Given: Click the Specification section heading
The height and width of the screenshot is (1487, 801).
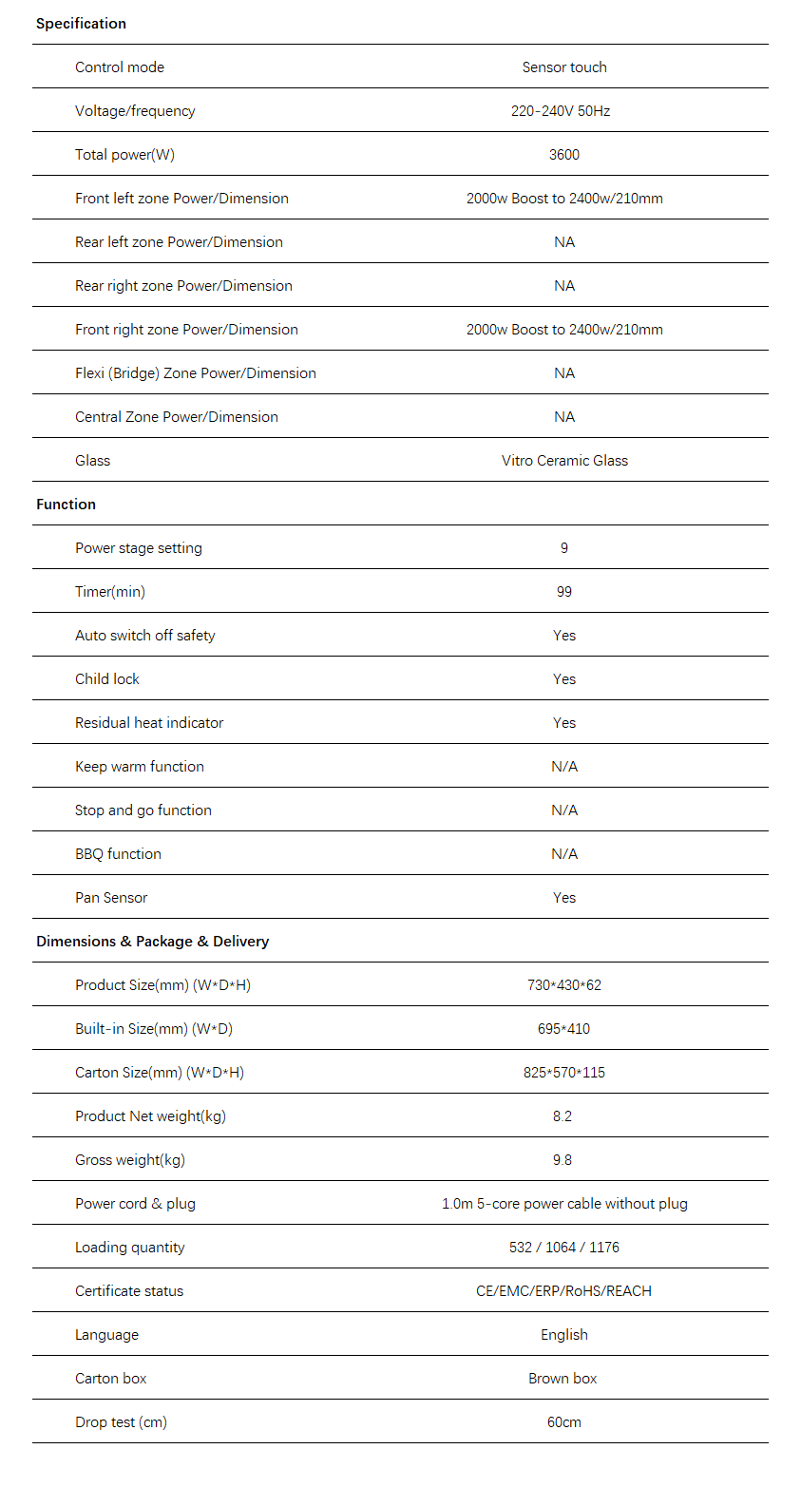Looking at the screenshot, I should coord(81,24).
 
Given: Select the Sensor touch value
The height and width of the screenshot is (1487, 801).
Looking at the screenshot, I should coord(564,67).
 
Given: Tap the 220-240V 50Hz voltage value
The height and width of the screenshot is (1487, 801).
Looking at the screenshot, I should coord(561,111).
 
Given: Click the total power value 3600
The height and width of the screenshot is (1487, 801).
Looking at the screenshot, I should coord(564,155).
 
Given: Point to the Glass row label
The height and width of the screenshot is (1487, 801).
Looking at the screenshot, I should coord(93,461).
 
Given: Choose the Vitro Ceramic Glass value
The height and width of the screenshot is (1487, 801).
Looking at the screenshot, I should coord(564,461).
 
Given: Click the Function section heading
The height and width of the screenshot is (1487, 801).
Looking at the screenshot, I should coord(66,505).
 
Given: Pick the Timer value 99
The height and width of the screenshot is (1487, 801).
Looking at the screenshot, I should coord(564,592).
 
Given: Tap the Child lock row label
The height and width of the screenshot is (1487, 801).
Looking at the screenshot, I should coord(107,679).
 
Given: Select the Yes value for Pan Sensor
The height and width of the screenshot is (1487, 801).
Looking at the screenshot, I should coord(564,898).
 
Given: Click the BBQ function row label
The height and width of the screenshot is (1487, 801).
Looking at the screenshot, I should coord(118,854).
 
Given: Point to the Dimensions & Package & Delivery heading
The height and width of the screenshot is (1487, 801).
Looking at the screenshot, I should coord(152,942).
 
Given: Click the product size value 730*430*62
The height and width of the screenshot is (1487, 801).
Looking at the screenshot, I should coord(564,985).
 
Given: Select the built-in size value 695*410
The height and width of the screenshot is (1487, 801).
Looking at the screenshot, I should coord(564,1029).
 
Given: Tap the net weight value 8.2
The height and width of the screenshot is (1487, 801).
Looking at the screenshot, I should coord(563,1116).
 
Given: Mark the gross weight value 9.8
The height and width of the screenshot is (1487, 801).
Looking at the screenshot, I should coord(563,1160).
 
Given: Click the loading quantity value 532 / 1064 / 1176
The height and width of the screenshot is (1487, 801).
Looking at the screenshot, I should coord(564,1248).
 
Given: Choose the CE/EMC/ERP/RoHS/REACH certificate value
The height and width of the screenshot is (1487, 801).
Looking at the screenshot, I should coord(564,1291).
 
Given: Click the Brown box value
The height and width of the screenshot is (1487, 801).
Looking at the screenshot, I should coord(563,1379).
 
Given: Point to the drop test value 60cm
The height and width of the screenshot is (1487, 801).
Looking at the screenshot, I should coord(564,1422).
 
